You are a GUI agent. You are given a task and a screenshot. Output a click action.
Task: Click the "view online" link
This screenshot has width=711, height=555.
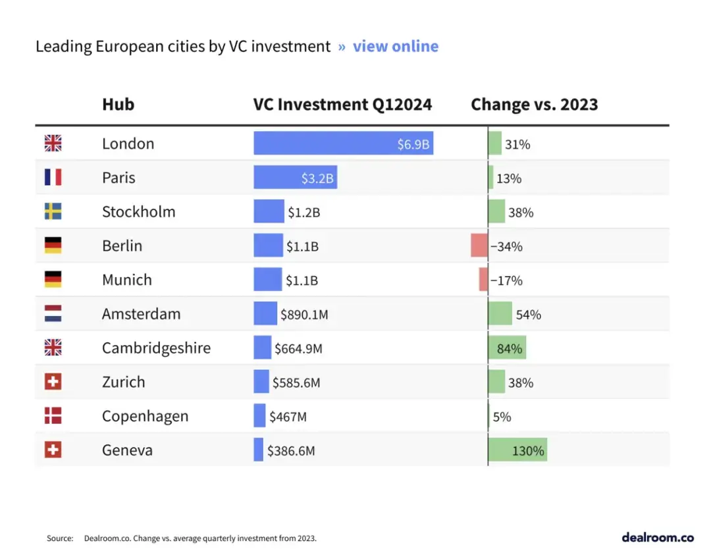point(395,47)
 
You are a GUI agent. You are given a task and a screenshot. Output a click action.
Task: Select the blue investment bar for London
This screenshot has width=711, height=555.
point(342,144)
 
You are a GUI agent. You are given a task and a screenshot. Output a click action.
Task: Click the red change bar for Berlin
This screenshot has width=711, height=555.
point(479,246)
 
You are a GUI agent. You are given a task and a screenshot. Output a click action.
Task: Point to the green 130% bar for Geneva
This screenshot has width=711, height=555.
point(517,450)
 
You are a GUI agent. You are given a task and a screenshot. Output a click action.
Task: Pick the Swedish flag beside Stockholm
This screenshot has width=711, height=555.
point(53,211)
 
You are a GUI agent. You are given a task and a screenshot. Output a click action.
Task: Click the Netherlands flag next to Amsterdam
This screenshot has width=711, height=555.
point(53,314)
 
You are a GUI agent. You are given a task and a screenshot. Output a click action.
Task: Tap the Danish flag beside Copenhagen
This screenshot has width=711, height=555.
point(53,416)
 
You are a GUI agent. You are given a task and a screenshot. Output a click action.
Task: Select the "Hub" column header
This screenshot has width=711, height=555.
point(118,105)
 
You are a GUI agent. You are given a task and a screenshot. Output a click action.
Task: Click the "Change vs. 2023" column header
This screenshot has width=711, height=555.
point(534,105)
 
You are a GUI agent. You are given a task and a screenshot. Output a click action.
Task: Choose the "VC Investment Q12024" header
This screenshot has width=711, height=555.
point(342,105)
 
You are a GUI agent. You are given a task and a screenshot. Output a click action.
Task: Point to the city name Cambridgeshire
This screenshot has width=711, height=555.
point(156,348)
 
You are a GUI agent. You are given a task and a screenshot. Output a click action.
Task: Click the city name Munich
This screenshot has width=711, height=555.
point(126,280)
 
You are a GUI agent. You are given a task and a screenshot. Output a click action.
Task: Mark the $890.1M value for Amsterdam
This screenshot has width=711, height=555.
point(304,315)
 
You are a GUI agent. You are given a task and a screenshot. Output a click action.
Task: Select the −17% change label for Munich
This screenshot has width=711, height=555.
point(506,280)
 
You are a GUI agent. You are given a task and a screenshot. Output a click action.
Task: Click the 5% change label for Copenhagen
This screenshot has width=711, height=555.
point(502,417)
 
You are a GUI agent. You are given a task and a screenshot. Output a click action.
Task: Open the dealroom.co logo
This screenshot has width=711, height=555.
point(657,537)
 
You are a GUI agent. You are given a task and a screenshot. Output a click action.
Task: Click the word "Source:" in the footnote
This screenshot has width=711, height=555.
point(60,539)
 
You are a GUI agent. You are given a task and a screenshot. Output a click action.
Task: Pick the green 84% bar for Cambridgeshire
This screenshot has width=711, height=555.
point(507,348)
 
